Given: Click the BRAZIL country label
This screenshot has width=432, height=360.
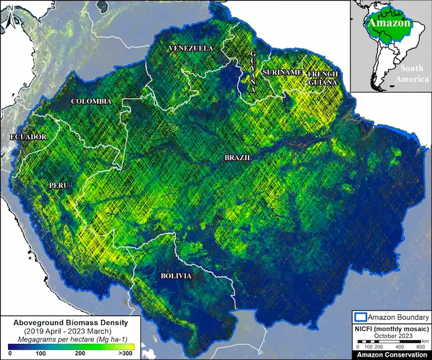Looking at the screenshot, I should [238, 158].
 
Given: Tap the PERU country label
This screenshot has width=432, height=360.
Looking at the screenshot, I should [60, 185].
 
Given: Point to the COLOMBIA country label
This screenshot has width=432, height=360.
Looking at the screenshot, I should [91, 101].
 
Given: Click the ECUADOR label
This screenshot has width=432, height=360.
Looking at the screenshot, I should [28, 136].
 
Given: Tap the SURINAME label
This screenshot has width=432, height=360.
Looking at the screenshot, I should [283, 73].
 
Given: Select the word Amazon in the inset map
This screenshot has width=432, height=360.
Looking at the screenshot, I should [389, 23].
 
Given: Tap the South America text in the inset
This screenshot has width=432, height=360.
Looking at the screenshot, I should [413, 74].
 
